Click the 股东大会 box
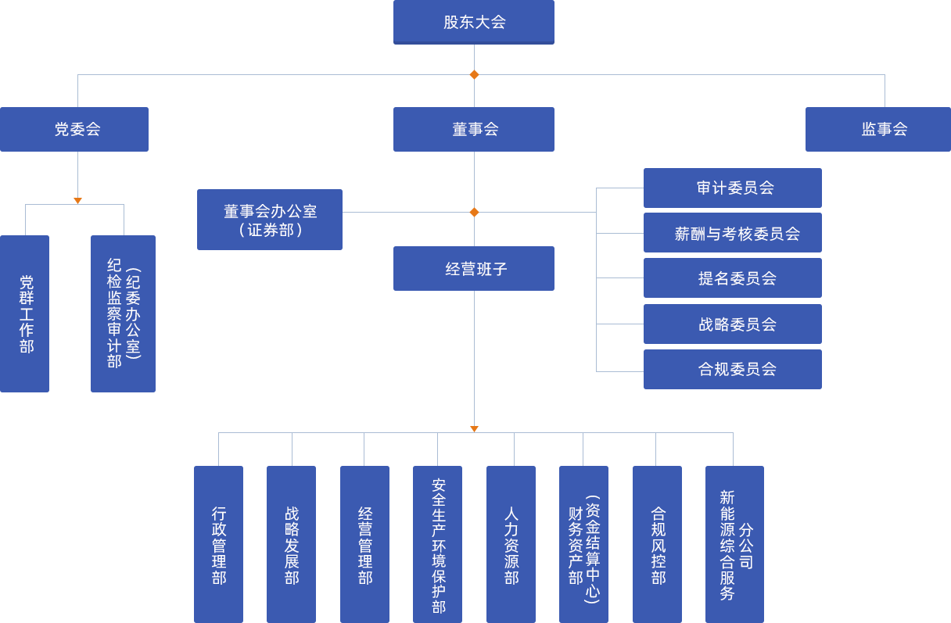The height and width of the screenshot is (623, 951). (x=474, y=22)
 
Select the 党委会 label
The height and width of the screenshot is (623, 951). (x=77, y=129)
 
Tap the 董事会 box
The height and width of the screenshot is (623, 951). (x=475, y=129)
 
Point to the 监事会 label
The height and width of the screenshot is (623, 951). (x=884, y=129)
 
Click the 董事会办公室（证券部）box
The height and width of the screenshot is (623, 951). (x=270, y=220)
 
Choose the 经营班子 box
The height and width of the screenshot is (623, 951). (x=475, y=269)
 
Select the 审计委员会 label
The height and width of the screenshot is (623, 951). (x=735, y=188)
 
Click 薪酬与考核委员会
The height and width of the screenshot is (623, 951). (x=737, y=234)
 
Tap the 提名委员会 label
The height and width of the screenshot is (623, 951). (x=737, y=278)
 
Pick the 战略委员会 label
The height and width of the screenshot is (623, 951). (x=737, y=324)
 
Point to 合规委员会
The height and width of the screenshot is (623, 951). (x=737, y=369)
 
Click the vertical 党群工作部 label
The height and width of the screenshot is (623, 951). (x=27, y=314)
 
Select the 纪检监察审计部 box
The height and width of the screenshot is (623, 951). (x=123, y=313)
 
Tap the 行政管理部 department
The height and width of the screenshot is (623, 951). (x=219, y=545)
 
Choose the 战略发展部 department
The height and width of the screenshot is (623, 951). (x=292, y=545)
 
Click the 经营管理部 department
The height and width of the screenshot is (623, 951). (x=365, y=545)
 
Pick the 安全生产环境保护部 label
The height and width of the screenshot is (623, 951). (x=439, y=545)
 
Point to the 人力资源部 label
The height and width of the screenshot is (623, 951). (x=511, y=545)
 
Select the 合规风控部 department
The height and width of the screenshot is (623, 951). (x=659, y=545)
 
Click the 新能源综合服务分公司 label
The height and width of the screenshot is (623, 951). (x=736, y=545)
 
